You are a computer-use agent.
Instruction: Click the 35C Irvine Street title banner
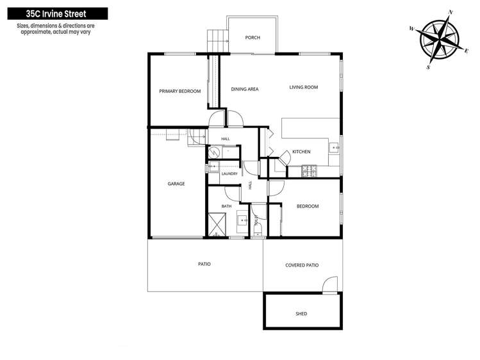point(58,13)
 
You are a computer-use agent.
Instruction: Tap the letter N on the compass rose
point(451,12)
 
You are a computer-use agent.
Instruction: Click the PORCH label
point(252,38)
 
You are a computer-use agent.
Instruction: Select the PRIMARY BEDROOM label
point(180,91)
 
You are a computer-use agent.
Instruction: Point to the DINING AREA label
point(245,89)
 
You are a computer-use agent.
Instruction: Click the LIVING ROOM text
point(304,87)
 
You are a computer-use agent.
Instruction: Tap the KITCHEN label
point(301,152)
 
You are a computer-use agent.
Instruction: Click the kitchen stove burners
point(309,171)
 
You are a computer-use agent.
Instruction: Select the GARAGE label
point(176,184)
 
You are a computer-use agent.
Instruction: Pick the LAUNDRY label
point(229,174)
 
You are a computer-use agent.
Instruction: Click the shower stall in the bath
point(217,224)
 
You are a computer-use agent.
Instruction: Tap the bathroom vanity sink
point(243,219)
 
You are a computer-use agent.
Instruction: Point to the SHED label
point(301,314)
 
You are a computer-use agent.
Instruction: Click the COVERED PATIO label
point(302,265)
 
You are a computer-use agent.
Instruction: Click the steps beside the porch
point(218,41)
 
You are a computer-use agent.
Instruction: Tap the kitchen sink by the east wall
point(335,149)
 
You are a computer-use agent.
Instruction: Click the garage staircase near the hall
point(197,138)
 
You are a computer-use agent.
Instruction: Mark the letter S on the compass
point(428,67)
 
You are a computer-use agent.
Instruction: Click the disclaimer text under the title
point(56,29)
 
